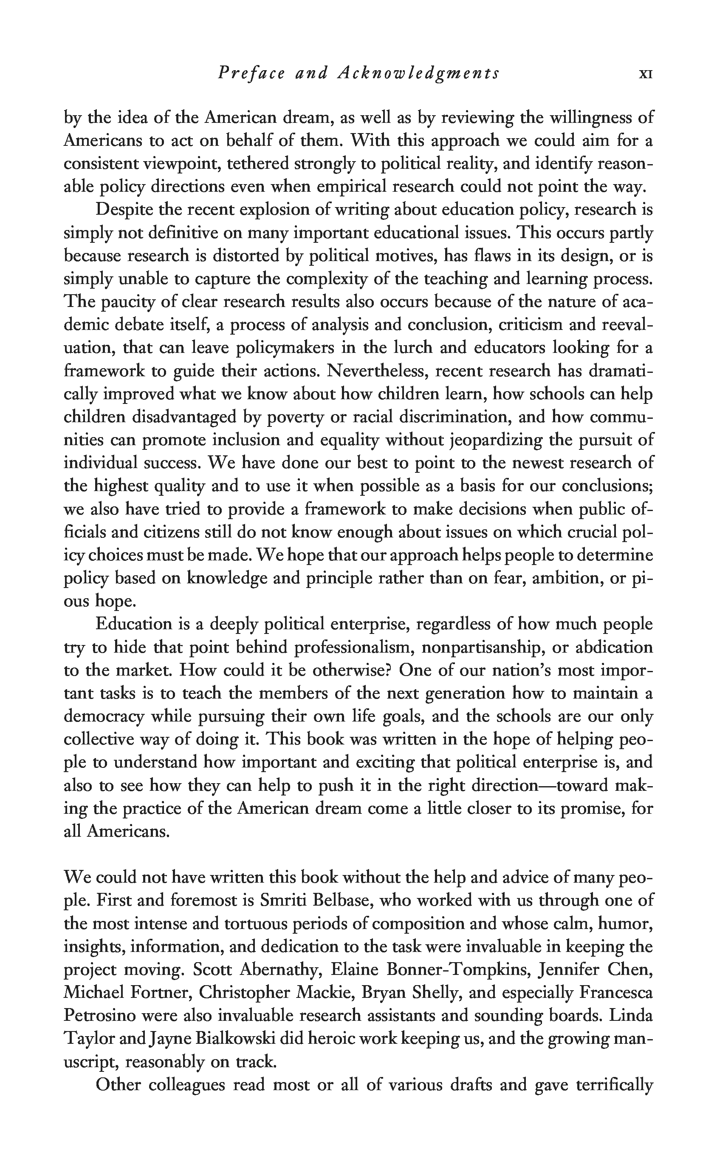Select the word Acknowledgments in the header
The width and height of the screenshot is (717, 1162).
point(418,73)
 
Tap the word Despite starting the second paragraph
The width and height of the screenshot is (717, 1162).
point(123,209)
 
